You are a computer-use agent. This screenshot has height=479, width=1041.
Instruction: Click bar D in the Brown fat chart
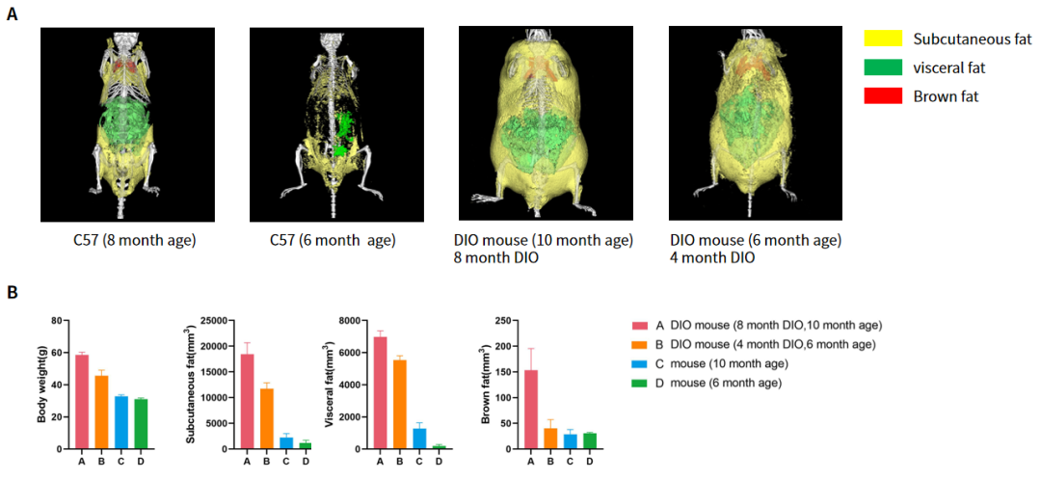(x=590, y=440)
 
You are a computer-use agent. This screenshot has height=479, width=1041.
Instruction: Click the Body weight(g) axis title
(x=41, y=384)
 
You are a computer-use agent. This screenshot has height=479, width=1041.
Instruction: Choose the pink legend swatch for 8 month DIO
(x=639, y=325)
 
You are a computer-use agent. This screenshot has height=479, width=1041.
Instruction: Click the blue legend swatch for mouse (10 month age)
(x=639, y=363)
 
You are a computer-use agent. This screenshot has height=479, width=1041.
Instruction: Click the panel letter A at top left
(x=12, y=16)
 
